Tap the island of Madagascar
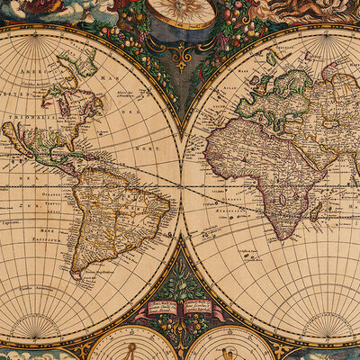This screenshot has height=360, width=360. (316, 211)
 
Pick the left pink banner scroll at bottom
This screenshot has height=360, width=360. (162, 307)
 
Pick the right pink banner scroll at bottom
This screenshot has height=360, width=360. (199, 307)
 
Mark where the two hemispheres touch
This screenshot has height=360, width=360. (181, 185)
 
